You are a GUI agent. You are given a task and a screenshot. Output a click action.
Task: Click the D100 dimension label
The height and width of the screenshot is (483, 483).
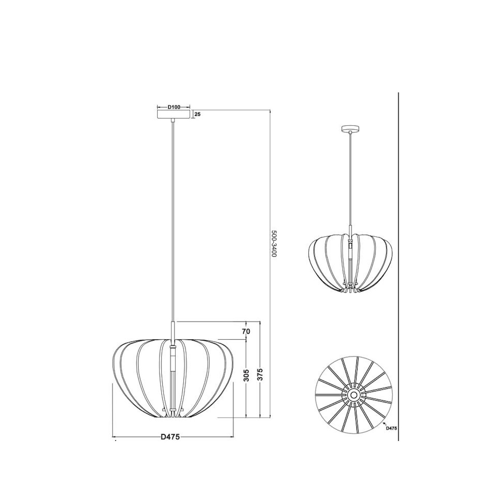point(174,107)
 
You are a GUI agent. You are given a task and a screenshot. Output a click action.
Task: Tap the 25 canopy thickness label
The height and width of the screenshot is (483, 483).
point(198,114)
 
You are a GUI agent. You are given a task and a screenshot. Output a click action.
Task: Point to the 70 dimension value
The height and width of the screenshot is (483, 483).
point(246,331)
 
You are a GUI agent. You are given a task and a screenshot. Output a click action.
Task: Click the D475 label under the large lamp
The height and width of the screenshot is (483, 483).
point(171,437)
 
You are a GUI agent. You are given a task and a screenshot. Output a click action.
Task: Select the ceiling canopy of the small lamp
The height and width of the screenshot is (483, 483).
point(350,129)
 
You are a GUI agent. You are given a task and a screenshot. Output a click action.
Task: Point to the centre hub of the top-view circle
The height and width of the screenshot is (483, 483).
point(353,395)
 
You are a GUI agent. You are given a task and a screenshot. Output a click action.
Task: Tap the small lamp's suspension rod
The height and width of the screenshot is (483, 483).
point(350,178)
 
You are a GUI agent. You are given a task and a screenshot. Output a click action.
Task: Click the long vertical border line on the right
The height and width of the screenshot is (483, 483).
point(398,260)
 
